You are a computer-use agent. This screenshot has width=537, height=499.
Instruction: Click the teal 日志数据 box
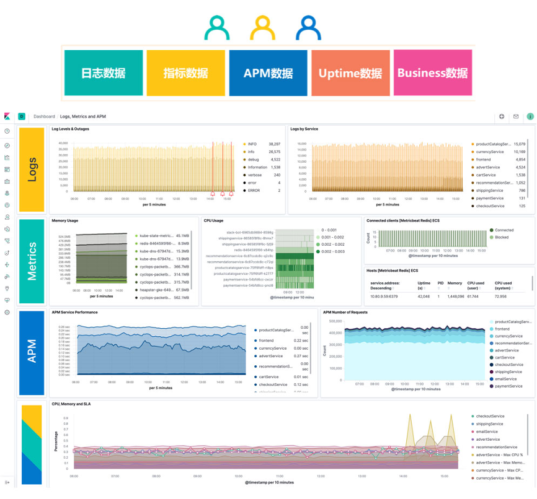tap(103, 72)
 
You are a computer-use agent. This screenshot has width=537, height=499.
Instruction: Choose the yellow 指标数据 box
tap(185, 72)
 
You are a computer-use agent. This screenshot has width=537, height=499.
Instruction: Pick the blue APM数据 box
tap(268, 72)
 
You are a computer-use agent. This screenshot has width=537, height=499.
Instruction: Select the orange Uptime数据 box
tap(350, 72)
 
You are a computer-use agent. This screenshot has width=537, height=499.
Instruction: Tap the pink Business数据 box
tap(433, 72)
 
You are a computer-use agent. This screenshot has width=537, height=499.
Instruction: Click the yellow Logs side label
tap(32, 169)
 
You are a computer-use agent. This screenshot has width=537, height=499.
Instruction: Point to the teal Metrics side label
tap(32, 261)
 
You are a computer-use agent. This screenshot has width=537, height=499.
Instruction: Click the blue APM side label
tap(32, 352)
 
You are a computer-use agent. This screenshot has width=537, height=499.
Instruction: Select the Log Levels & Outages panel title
tap(70, 129)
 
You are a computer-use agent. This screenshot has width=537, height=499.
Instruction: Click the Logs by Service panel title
tap(304, 129)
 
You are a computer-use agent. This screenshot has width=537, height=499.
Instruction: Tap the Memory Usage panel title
tap(65, 220)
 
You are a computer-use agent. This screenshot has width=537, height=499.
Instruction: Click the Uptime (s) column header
tap(424, 285)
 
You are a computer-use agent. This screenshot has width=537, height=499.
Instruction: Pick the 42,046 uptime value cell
tap(424, 297)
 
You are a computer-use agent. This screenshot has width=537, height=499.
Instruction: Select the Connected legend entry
tap(504, 230)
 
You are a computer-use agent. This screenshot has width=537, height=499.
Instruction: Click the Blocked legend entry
tap(502, 237)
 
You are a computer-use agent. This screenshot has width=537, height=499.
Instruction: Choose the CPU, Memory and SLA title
tap(71, 404)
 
